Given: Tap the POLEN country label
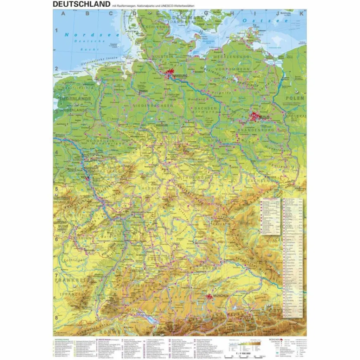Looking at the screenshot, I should tap(295, 98).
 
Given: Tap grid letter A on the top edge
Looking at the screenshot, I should tap(64, 14).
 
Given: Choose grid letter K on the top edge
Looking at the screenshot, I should tap(301, 14).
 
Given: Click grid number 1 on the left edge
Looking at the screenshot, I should tap(56, 30).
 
